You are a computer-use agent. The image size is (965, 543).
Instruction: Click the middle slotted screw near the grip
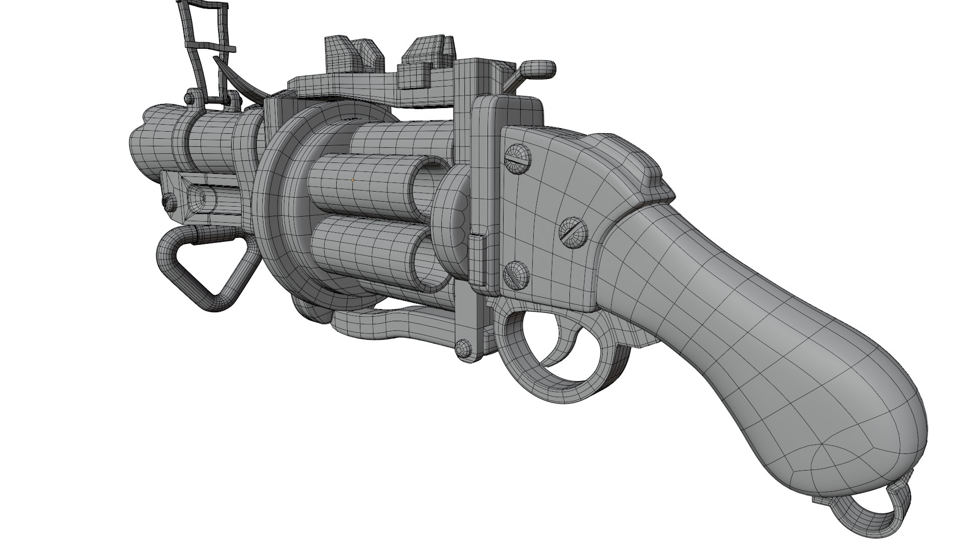[x=573, y=232]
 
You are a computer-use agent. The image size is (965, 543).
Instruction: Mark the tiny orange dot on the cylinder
[x=353, y=179]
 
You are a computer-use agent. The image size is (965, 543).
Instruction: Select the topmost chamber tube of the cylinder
[x=402, y=138]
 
